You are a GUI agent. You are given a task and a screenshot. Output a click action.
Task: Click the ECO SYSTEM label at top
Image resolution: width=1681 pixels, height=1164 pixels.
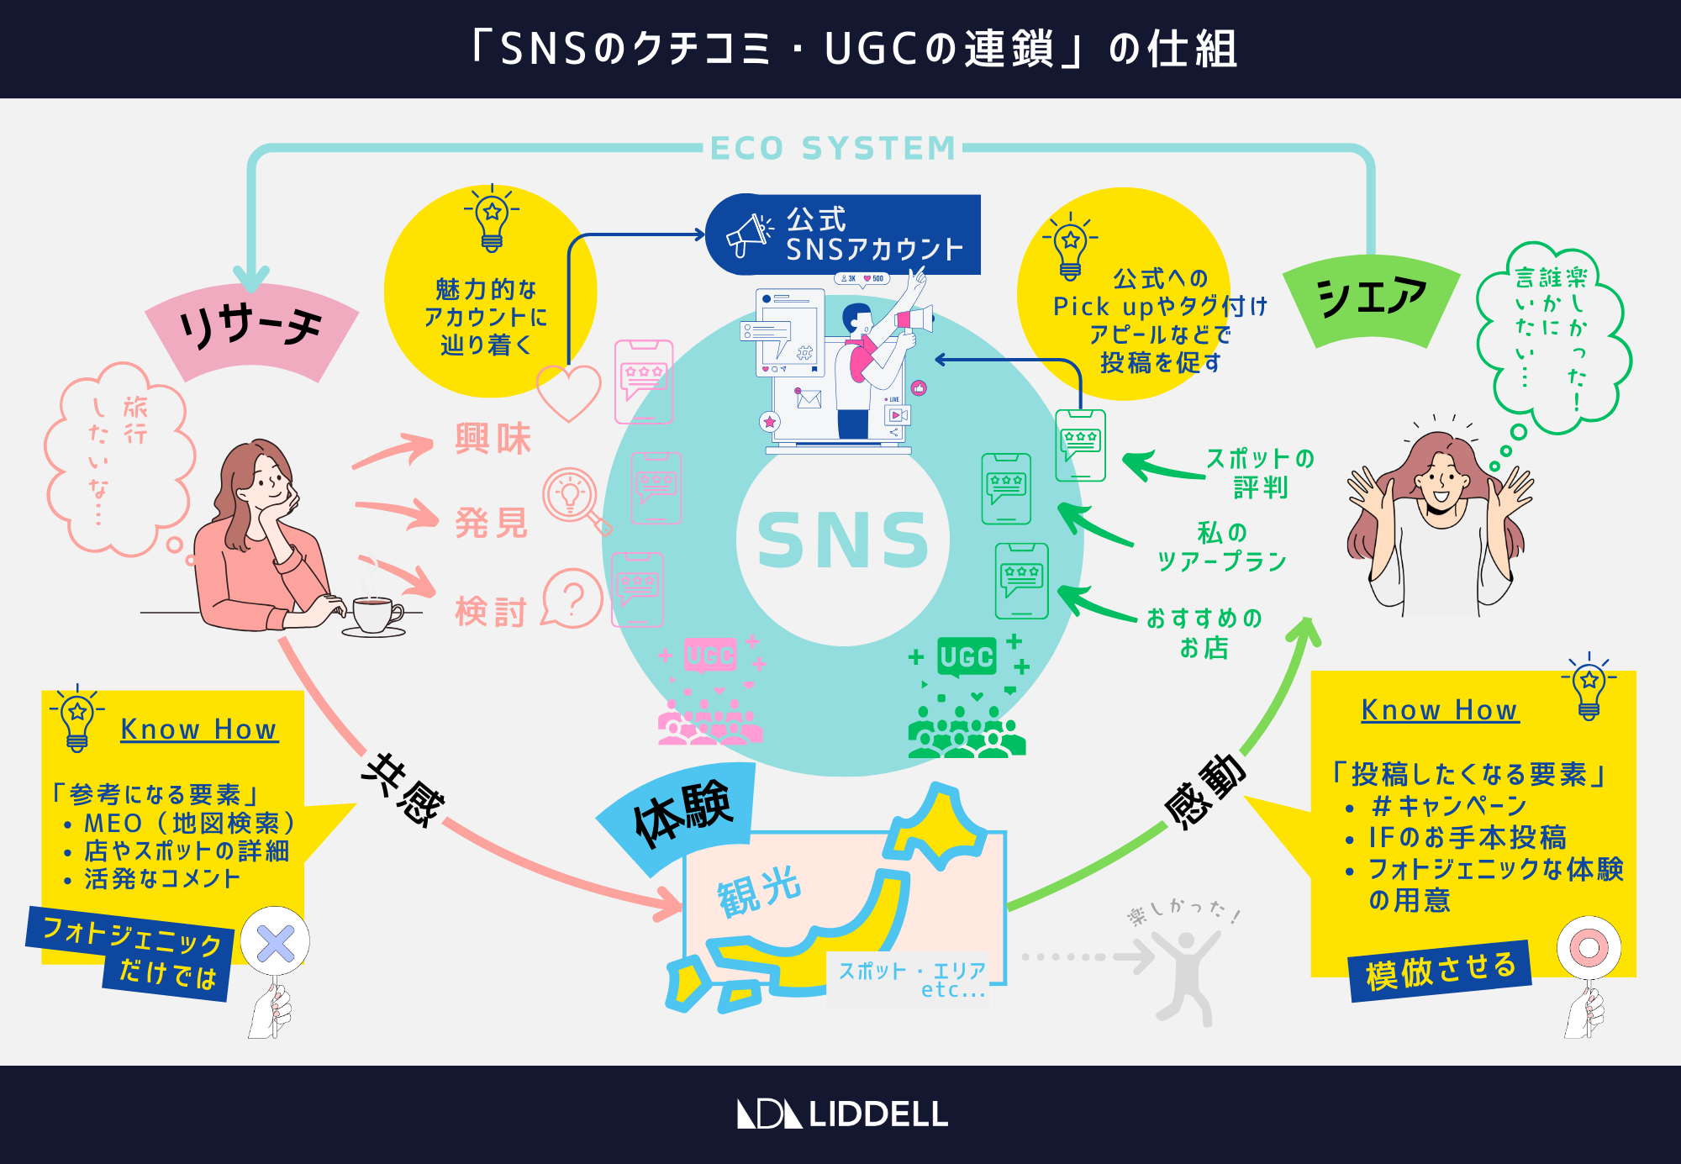pyautogui.click(x=833, y=149)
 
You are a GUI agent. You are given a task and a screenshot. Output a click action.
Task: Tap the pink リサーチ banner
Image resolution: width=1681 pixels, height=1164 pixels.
pyautogui.click(x=250, y=329)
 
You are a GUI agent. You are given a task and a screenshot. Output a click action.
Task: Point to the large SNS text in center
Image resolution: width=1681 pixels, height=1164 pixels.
pyautogui.click(x=843, y=540)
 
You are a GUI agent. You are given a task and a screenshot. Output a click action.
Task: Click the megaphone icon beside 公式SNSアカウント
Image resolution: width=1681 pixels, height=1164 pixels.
pyautogui.click(x=748, y=234)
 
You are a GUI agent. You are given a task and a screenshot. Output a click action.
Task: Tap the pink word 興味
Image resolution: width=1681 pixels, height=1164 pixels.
pyautogui.click(x=493, y=440)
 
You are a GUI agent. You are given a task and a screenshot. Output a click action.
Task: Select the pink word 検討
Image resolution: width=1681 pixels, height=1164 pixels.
pyautogui.click(x=491, y=611)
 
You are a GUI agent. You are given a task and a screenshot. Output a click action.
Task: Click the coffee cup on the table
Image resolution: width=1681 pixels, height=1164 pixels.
pyautogui.click(x=374, y=614)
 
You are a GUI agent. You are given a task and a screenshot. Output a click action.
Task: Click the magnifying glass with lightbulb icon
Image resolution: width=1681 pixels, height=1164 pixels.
pyautogui.click(x=573, y=498)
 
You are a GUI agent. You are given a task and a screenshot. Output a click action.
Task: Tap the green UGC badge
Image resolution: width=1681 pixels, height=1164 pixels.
pyautogui.click(x=967, y=656)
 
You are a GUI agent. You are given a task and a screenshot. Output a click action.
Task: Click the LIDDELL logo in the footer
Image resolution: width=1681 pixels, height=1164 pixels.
pyautogui.click(x=843, y=1114)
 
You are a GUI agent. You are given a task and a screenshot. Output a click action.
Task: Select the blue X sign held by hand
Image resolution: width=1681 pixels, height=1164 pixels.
pyautogui.click(x=275, y=943)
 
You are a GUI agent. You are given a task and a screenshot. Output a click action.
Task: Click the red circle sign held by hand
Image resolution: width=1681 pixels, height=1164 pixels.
pyautogui.click(x=1588, y=948)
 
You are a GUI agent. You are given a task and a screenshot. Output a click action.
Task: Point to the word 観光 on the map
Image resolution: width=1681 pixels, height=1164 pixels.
pyautogui.click(x=759, y=892)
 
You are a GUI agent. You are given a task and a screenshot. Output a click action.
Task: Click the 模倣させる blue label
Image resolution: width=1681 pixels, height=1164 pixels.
pyautogui.click(x=1441, y=971)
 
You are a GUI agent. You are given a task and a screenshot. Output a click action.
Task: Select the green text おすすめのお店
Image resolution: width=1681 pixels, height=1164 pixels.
pyautogui.click(x=1204, y=633)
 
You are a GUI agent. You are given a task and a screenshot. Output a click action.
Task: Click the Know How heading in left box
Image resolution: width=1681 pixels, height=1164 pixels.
pyautogui.click(x=198, y=729)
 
